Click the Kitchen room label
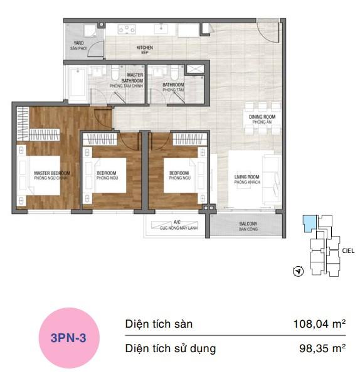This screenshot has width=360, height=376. (145, 50)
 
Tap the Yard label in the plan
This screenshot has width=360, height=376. (79, 46)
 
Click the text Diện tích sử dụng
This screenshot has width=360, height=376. (171, 348)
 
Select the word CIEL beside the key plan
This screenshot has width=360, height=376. (349, 250)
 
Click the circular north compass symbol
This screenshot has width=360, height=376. (299, 272)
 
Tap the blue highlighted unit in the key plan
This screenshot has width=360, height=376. (309, 224)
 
